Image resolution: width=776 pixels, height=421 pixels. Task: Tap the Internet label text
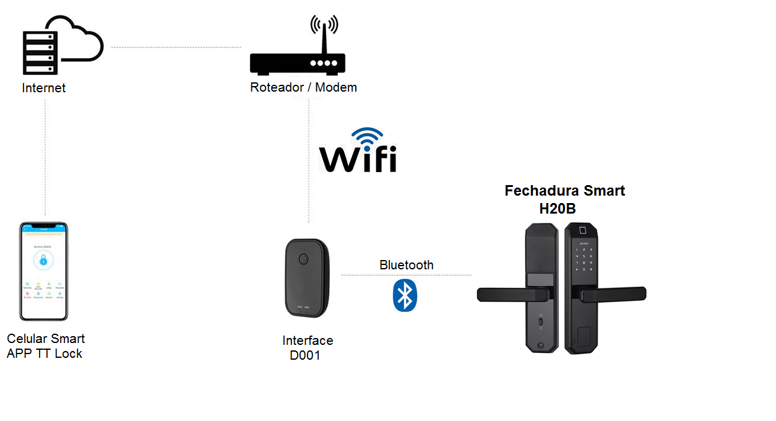[43, 88]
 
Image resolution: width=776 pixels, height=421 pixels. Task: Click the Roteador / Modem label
[303, 87]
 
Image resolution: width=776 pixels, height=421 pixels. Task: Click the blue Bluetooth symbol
[405, 295]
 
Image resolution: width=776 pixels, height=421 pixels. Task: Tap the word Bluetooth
[406, 265]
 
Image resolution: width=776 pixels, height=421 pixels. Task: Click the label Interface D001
[307, 348]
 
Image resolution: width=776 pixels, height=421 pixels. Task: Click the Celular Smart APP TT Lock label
[45, 346]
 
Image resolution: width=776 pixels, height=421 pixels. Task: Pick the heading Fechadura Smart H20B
[564, 199]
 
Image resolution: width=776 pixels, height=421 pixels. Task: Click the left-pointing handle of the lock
[507, 294]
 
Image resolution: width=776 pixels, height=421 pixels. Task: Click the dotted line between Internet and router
[176, 47]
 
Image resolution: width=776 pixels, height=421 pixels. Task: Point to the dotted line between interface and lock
[406, 275]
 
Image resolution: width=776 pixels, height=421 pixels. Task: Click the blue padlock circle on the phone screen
[43, 261]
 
